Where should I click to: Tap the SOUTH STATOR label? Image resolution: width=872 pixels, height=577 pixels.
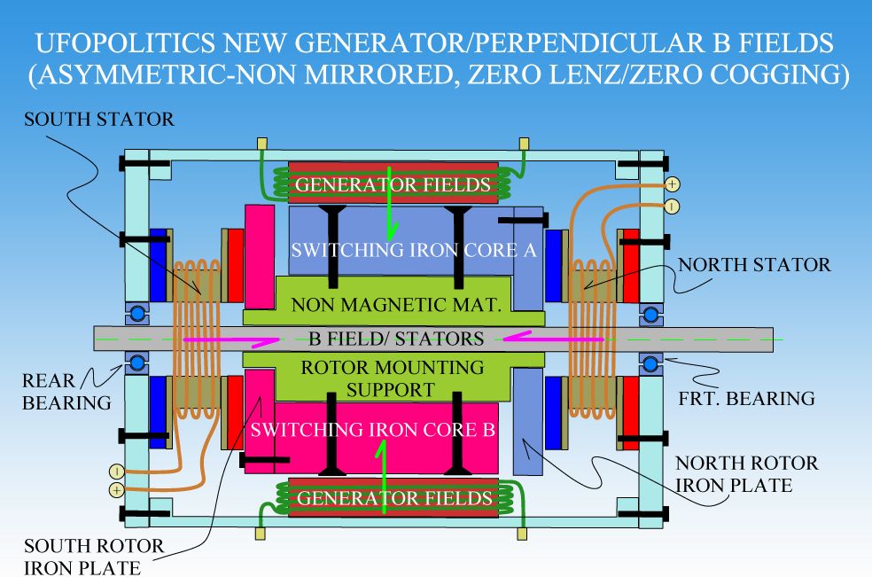(97, 119)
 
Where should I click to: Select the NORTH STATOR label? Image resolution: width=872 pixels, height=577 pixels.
(754, 264)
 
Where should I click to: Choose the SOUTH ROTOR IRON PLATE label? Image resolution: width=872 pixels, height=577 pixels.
(93, 555)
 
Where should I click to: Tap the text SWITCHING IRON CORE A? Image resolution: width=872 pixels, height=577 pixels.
(415, 249)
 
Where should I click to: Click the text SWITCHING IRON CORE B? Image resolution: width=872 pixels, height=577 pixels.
(373, 430)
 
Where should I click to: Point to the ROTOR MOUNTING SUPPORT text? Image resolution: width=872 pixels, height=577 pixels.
(393, 378)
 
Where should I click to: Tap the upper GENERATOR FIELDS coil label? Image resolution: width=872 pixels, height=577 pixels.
(393, 184)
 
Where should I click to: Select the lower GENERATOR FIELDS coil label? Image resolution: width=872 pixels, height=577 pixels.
(394, 497)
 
